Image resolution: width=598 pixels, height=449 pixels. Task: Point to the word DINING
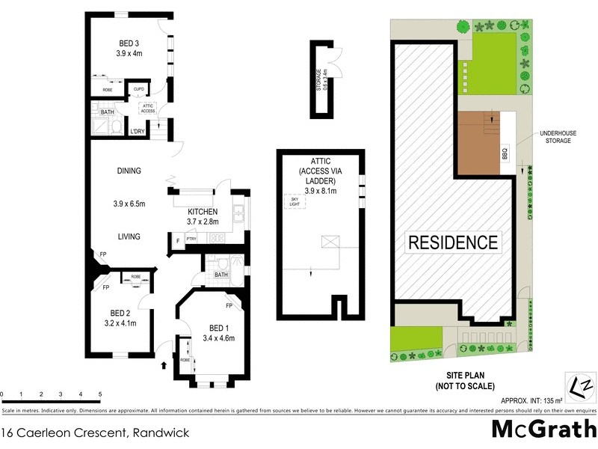pyautogui.click(x=129, y=171)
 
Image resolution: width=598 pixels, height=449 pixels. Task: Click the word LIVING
pyautogui.click(x=129, y=236)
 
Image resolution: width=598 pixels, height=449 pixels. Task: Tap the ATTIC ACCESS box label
pyautogui.click(x=147, y=109)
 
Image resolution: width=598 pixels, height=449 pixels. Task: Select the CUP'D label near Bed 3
pyautogui.click(x=139, y=89)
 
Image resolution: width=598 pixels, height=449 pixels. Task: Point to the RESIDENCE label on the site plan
pyautogui.click(x=452, y=242)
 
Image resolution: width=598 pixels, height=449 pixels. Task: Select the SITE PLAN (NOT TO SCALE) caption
pyautogui.click(x=465, y=381)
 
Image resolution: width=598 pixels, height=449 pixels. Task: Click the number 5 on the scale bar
pyautogui.click(x=99, y=394)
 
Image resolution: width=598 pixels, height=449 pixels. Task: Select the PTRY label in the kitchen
pyautogui.click(x=191, y=239)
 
